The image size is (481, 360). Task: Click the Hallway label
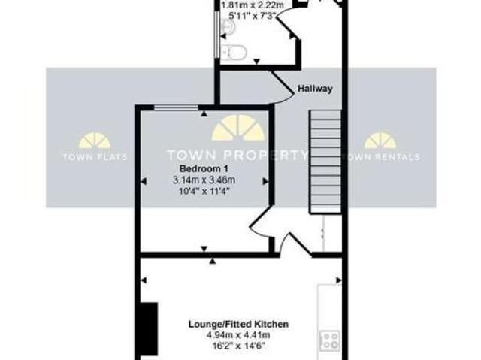[x=314, y=88]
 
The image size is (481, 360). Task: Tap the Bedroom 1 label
[x=200, y=168]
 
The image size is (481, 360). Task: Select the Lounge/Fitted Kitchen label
[x=238, y=325]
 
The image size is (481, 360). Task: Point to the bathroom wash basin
[x=228, y=27]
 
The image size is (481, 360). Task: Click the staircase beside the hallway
[x=325, y=162]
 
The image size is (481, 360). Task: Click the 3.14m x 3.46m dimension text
[x=204, y=180]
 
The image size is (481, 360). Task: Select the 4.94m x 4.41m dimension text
[x=238, y=336]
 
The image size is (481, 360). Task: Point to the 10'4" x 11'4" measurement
[x=204, y=191]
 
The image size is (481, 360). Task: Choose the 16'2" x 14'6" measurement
[x=238, y=347]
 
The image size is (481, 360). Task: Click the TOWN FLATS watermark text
[x=95, y=157]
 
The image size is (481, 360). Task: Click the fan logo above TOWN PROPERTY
[x=237, y=130]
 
